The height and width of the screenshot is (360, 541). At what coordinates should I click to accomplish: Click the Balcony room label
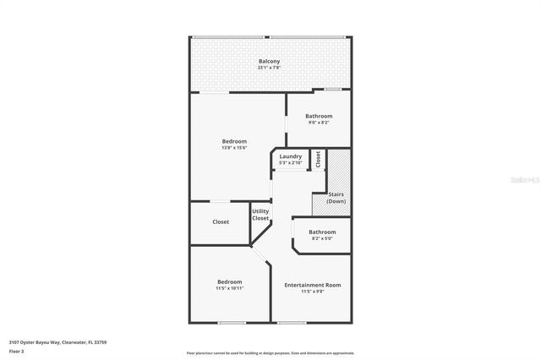coord(269,61)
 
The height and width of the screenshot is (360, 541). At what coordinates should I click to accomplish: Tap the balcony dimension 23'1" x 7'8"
coord(269,68)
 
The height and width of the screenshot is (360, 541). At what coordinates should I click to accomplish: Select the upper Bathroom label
coord(319,116)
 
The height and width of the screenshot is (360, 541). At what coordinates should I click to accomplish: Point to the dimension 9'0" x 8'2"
coord(319,123)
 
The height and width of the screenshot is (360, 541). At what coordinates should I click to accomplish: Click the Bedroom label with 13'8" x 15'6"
coord(234,141)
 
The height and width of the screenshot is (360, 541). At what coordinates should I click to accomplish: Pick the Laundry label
coord(290,156)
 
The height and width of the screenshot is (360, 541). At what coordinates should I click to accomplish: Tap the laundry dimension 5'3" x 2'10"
coord(290,163)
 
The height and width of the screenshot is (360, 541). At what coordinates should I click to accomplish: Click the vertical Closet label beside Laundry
coord(318,159)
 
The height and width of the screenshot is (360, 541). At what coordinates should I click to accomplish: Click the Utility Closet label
coord(260,215)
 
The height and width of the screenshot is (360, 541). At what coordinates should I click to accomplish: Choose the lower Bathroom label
coord(322,232)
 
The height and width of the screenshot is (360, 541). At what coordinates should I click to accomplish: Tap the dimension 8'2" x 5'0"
coord(322,239)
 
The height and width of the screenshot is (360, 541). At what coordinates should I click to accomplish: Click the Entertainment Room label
coord(313,285)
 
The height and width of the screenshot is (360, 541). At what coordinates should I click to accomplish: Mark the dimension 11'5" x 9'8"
coord(313,292)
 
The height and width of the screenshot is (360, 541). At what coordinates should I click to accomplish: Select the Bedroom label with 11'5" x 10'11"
coord(230,281)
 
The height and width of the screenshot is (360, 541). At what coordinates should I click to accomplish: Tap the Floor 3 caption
coord(16,351)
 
